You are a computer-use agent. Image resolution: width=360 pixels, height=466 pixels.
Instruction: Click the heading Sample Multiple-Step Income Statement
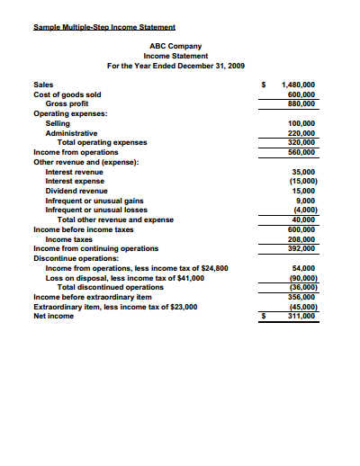click(104, 26)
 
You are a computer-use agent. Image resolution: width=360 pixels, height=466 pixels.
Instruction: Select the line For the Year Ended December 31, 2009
click(175, 66)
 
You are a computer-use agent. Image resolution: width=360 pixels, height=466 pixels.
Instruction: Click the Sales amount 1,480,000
click(298, 85)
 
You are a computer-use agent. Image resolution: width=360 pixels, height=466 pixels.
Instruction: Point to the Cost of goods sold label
click(67, 94)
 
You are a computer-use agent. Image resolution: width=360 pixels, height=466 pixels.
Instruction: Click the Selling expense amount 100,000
click(301, 123)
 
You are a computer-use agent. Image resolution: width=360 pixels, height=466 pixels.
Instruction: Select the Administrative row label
click(71, 132)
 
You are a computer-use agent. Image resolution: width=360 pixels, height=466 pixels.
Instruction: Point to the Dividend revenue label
click(76, 191)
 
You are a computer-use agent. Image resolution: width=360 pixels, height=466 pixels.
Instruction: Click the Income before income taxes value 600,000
click(301, 229)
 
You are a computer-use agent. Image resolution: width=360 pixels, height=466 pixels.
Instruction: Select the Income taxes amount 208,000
click(301, 238)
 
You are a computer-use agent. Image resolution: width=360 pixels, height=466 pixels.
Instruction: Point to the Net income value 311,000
click(301, 316)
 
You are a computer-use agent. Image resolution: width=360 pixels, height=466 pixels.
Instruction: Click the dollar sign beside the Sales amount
click(263, 85)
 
